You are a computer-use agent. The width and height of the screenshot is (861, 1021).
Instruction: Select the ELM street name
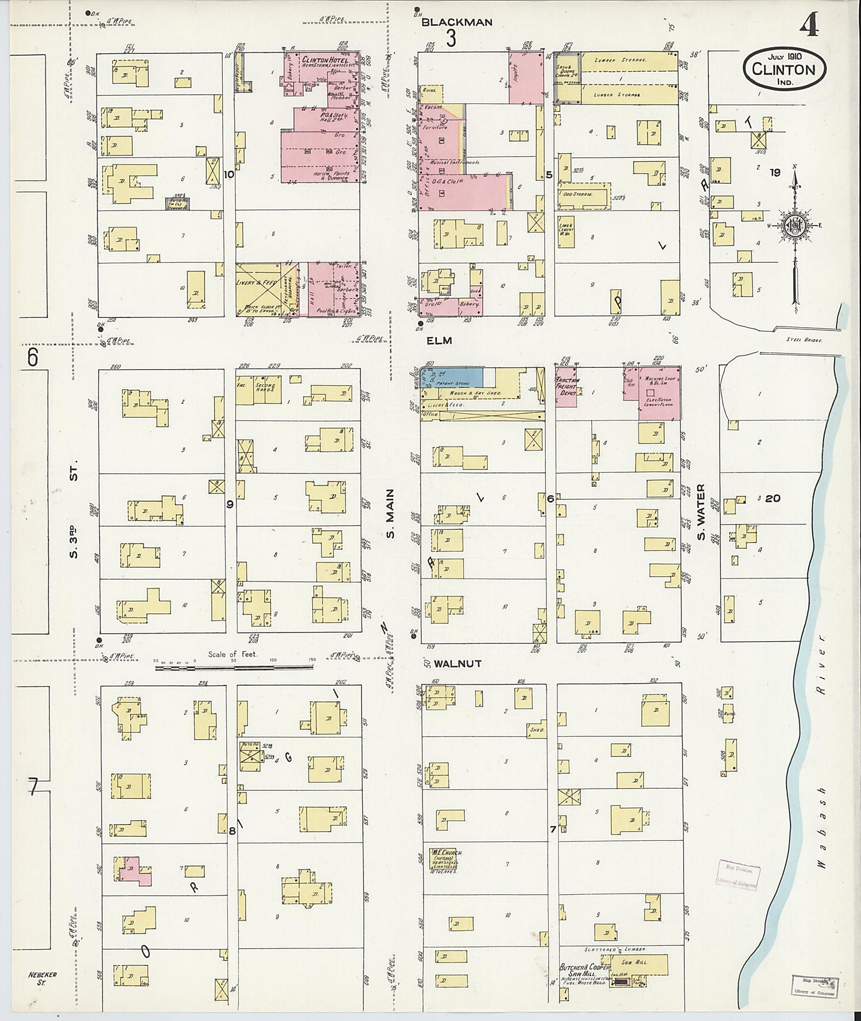pyautogui.click(x=440, y=340)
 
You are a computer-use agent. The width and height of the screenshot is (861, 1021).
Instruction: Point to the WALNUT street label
pyautogui.click(x=457, y=663)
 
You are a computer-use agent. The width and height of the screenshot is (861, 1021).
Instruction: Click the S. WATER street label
pyautogui.click(x=701, y=513)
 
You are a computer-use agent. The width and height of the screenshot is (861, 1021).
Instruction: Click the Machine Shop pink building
pyautogui.click(x=659, y=393)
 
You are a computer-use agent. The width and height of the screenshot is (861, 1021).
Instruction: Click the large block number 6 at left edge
pyautogui.click(x=32, y=357)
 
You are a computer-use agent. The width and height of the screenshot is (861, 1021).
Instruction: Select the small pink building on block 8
pyautogui.click(x=135, y=870)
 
